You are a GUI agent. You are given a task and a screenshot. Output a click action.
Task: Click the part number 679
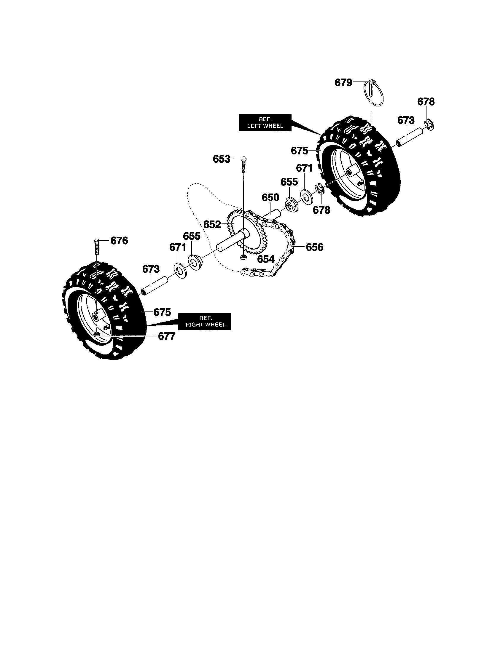(x=343, y=82)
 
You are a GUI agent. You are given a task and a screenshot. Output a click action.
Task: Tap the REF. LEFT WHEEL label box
(x=265, y=122)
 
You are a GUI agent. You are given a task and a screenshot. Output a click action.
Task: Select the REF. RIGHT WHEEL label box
(x=205, y=321)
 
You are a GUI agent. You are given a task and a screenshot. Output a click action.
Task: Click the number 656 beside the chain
(x=315, y=247)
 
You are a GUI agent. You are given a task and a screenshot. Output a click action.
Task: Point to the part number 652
(x=212, y=224)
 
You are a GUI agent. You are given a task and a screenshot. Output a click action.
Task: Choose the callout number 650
(x=270, y=197)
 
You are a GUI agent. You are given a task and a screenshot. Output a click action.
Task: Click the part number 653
(x=221, y=159)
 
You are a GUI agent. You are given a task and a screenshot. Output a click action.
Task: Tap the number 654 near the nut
(x=265, y=259)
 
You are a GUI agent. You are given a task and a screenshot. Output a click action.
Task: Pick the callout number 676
(x=119, y=240)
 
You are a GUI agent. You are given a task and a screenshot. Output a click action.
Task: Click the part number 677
(x=166, y=336)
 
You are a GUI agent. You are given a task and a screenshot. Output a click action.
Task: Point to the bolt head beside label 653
(x=244, y=159)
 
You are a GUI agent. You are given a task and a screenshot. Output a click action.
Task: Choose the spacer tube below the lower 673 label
(x=155, y=285)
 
